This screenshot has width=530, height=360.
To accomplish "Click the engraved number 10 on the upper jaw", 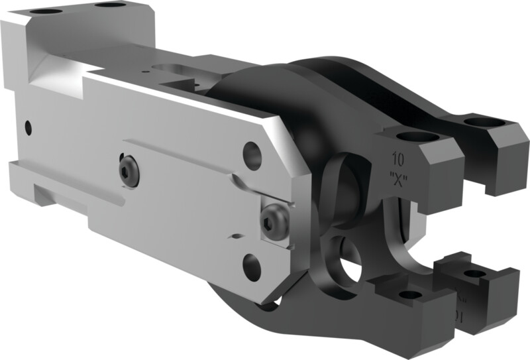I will (398, 160).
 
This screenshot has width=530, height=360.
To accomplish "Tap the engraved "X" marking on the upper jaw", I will (398, 178).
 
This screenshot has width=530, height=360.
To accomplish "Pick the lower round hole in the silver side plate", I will (252, 267).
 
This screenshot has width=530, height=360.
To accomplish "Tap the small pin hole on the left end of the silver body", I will (27, 125).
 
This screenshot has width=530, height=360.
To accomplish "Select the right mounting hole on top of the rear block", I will (109, 5).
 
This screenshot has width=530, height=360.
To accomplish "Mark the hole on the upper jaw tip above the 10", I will (415, 137).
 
